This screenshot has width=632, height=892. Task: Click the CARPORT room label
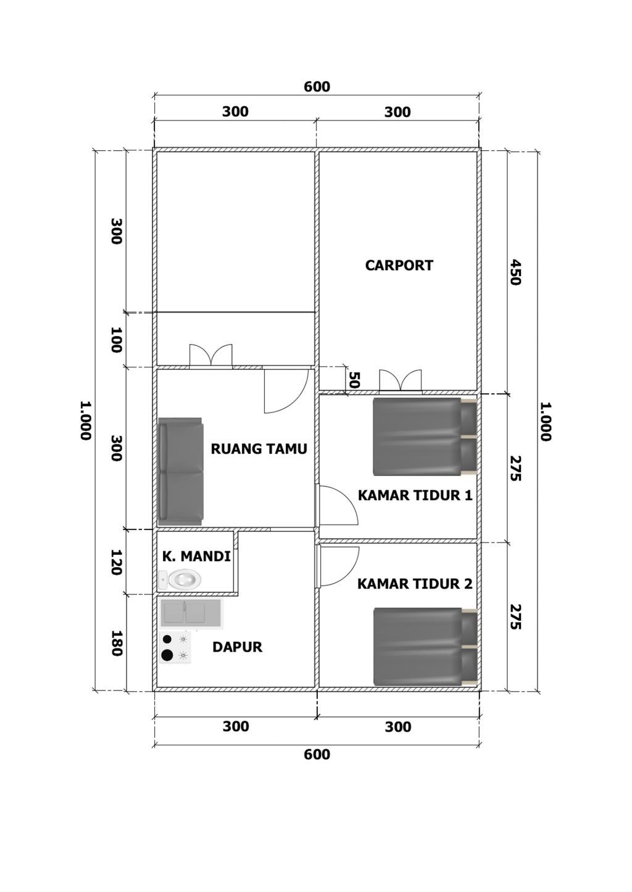coord(399,266)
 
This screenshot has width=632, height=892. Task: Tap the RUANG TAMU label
coord(259,449)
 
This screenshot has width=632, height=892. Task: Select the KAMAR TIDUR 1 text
coord(415,496)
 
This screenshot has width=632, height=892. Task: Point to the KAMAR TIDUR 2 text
coord(415,584)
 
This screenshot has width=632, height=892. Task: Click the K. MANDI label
coord(196,556)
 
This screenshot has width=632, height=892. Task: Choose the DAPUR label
coord(237,647)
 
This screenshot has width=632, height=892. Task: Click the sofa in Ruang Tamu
coord(181,472)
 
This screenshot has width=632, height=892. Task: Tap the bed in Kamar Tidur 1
coord(425,437)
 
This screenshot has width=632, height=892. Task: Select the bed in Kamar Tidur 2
coord(425,647)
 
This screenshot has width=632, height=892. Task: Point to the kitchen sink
coord(191,613)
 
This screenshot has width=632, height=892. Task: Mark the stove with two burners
coord(175,647)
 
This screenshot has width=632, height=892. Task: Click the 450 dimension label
coord(515,272)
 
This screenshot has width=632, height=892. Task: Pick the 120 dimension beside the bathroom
coord(116,562)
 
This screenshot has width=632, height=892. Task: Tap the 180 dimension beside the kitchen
coord(116,643)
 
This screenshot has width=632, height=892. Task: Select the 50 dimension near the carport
coord(354,380)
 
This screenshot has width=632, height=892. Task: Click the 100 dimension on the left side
coord(116,340)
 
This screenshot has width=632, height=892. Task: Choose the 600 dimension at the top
coord(317,86)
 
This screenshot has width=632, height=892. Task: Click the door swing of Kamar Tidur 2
coord(339,567)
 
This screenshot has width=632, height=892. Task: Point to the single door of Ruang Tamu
coord(286,390)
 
